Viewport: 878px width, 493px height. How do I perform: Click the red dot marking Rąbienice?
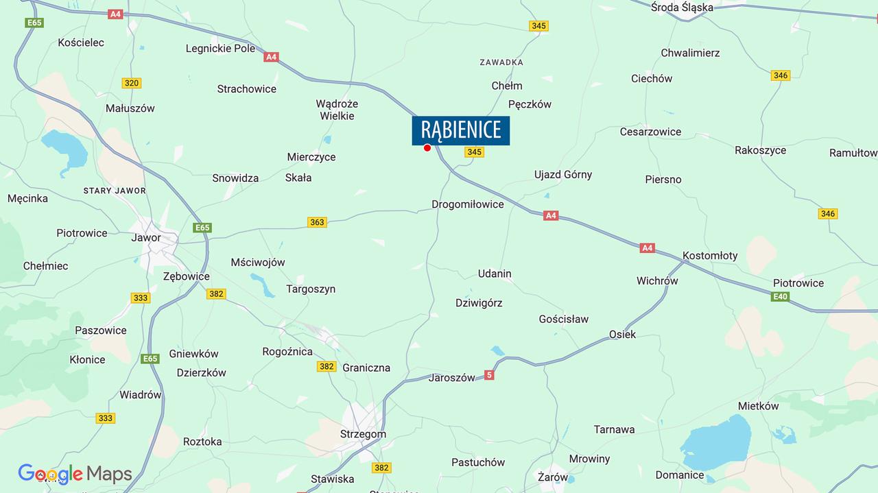[x=427, y=147]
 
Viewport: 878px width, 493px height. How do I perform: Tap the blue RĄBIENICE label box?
[x=460, y=130]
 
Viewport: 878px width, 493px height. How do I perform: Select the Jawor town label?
[x=146, y=238]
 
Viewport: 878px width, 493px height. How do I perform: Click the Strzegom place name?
[x=363, y=434]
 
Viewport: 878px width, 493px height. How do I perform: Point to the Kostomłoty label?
[x=710, y=256]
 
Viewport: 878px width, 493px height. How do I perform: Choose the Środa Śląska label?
[x=682, y=8]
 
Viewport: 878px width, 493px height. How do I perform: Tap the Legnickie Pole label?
[x=220, y=49]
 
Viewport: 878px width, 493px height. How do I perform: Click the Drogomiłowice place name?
[x=467, y=204]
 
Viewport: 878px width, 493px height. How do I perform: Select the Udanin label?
[x=495, y=274]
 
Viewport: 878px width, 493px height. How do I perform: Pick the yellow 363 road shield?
[x=317, y=222]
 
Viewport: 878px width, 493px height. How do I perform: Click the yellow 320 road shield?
[x=132, y=83]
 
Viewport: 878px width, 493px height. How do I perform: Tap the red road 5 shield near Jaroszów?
[x=489, y=375]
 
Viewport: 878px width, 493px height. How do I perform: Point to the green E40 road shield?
[x=780, y=297]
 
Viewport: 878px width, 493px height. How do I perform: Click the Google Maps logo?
[x=75, y=474]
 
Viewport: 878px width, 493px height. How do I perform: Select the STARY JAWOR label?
[x=114, y=190]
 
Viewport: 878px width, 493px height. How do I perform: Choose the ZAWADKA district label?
[x=501, y=62]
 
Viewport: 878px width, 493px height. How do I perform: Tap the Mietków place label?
[x=758, y=406]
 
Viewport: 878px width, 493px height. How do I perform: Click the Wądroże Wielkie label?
[x=337, y=110]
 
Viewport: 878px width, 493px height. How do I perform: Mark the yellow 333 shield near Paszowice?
[x=141, y=298]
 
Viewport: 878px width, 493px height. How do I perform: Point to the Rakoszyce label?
[x=760, y=150]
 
